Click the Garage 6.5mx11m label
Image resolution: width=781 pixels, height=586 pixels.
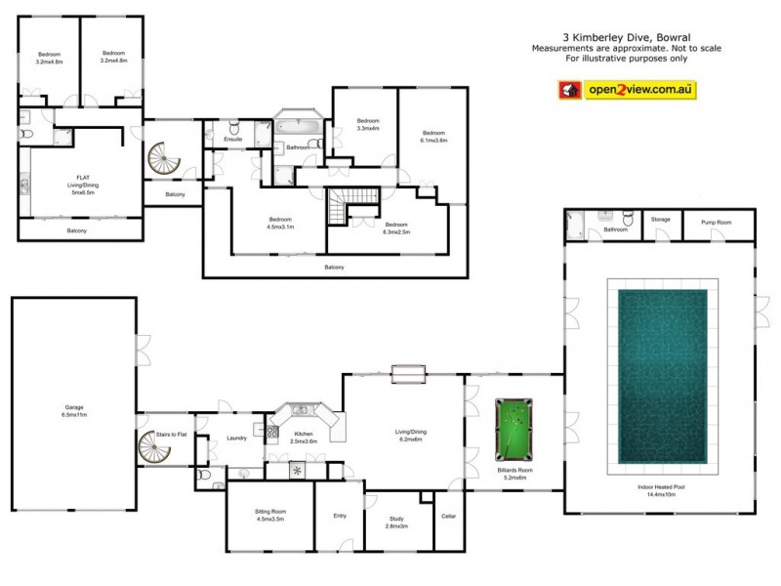pyautogui.click(x=74, y=411)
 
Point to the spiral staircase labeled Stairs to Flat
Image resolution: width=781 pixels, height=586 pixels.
pyautogui.click(x=154, y=450)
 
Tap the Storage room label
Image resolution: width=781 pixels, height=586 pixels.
pyautogui.click(x=661, y=220)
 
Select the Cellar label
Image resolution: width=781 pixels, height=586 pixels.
pyautogui.click(x=449, y=516)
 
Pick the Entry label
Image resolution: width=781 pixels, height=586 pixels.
pyautogui.click(x=340, y=516)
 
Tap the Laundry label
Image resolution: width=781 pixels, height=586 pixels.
pyautogui.click(x=236, y=438)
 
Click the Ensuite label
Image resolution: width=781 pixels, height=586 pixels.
pyautogui.click(x=233, y=140)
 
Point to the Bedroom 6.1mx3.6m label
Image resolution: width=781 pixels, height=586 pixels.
pyautogui.click(x=433, y=136)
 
